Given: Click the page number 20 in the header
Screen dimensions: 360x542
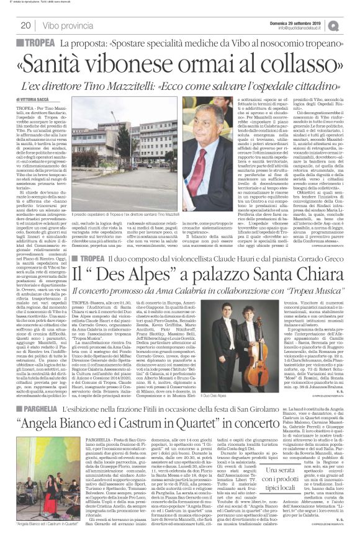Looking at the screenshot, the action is [x=25, y=25].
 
